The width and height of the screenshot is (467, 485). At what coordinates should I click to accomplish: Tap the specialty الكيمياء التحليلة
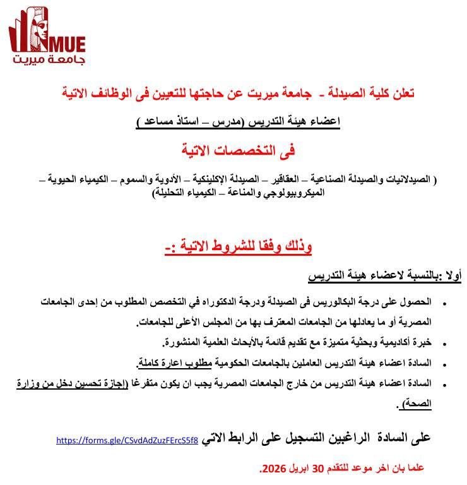189,193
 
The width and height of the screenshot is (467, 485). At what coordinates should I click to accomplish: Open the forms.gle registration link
127,440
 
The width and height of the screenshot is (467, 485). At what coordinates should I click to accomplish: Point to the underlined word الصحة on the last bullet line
416,404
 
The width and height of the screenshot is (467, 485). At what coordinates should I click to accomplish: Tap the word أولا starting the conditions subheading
454,276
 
